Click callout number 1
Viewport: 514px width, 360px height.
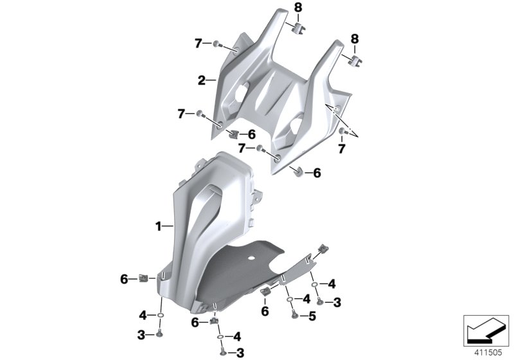[157, 226]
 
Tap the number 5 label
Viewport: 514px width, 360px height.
[312, 316]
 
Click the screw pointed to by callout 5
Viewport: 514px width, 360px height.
[294, 315]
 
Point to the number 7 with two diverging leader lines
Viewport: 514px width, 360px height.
[360, 148]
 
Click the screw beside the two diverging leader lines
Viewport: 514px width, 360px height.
[342, 132]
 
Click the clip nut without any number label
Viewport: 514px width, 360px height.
[323, 248]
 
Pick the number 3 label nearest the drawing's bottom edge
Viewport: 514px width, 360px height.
[241, 352]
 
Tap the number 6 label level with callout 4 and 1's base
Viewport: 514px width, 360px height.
[123, 278]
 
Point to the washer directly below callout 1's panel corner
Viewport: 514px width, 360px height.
[159, 316]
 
